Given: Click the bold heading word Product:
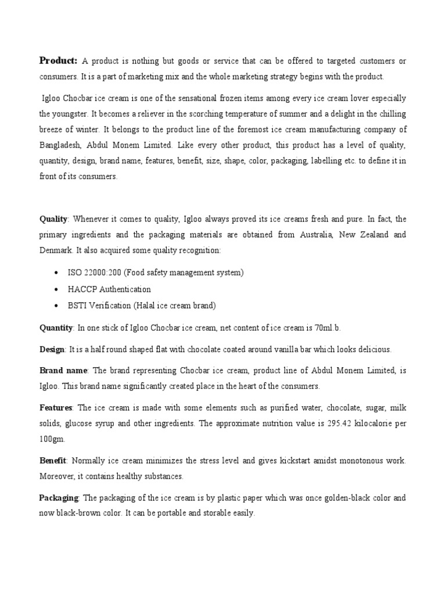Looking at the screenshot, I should coord(58,61).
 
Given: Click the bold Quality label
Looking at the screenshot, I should coord(53,219).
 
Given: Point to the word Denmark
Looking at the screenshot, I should coord(57,250).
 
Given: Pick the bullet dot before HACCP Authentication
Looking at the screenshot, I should coord(55,289).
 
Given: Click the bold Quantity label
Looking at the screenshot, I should coord(56,328).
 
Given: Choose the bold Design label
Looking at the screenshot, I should coord(52,349).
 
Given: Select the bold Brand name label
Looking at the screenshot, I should coord(63,370).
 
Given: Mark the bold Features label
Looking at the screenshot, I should coord(55,408).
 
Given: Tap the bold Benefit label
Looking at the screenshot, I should coord(53,461).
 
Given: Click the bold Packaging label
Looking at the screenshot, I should coord(59,498).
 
